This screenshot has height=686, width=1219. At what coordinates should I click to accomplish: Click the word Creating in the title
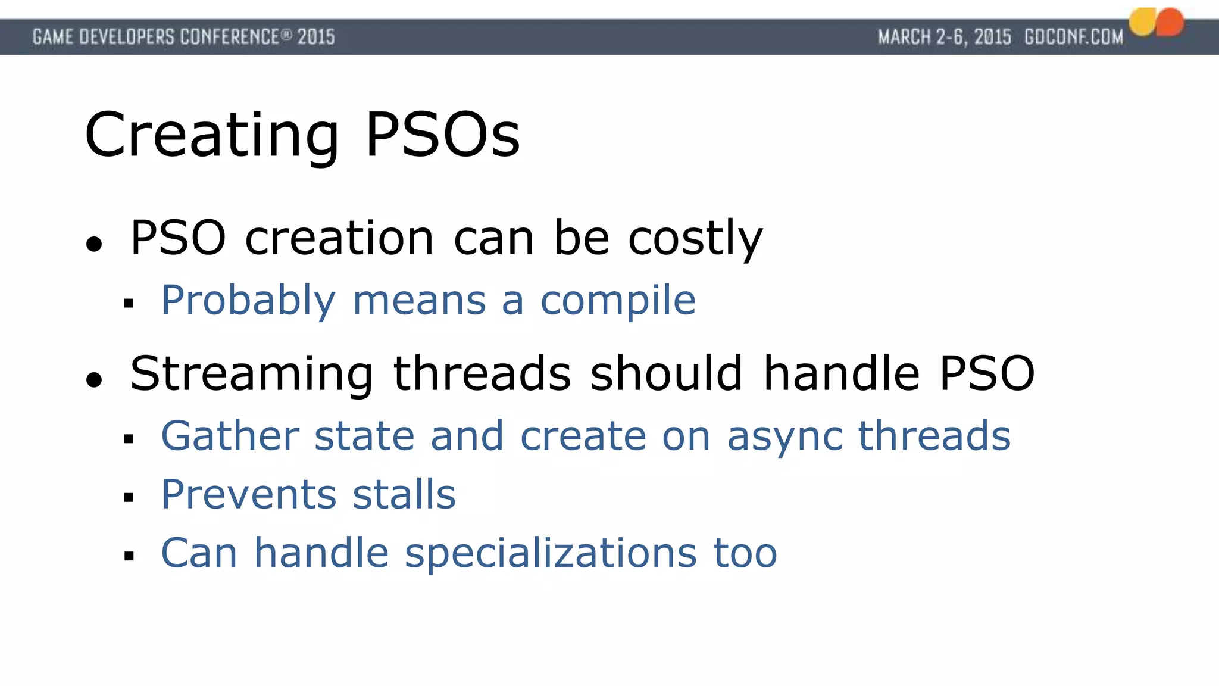click(x=211, y=136)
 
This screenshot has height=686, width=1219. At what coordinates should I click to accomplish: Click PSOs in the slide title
click(x=442, y=136)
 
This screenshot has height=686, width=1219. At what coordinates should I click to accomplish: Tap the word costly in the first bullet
click(x=695, y=238)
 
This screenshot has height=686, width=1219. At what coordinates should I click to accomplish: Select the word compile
click(x=618, y=301)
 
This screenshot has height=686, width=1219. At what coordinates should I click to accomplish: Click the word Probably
click(x=248, y=301)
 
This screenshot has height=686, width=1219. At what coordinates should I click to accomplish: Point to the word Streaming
click(x=251, y=374)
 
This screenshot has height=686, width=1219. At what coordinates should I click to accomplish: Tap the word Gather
click(x=230, y=436)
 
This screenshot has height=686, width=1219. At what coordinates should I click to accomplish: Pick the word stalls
click(x=404, y=495)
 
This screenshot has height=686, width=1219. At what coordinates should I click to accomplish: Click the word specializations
click(x=551, y=554)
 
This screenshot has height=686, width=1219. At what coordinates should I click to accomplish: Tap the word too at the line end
click(x=745, y=554)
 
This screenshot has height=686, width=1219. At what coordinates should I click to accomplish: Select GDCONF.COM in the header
click(x=1073, y=37)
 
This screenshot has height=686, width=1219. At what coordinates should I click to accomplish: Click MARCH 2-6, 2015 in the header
click(x=944, y=37)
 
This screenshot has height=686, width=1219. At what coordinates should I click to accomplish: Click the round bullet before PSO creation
click(x=94, y=244)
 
